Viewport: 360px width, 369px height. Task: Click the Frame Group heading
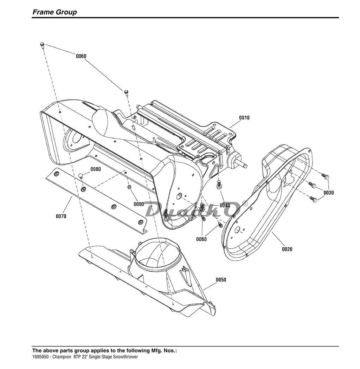click(x=54, y=12)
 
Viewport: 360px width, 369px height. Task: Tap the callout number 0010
click(x=244, y=118)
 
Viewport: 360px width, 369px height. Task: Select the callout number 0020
click(x=287, y=249)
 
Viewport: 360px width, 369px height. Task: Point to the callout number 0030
click(x=328, y=193)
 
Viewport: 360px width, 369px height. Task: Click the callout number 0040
click(x=225, y=206)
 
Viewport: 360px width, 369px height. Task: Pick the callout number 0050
click(x=221, y=280)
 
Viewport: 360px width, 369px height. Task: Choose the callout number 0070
click(x=61, y=216)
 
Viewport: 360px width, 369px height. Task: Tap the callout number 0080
click(x=96, y=169)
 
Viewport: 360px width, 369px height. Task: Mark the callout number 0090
click(x=139, y=204)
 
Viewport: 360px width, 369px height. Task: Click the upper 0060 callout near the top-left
click(x=81, y=56)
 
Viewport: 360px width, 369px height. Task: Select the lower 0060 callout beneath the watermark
click(x=201, y=239)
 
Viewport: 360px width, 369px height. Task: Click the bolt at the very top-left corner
click(x=43, y=45)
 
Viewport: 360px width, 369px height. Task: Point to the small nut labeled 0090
click(x=129, y=187)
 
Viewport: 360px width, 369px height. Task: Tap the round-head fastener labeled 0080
click(x=81, y=176)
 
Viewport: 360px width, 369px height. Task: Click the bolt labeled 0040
click(x=218, y=184)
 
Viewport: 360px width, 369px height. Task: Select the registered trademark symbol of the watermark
click(x=245, y=203)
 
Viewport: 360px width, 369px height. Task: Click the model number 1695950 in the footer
click(x=40, y=357)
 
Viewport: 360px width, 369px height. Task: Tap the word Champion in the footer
click(x=62, y=357)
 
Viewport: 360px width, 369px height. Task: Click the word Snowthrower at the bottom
click(x=126, y=357)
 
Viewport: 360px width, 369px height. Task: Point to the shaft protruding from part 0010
click(x=243, y=164)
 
